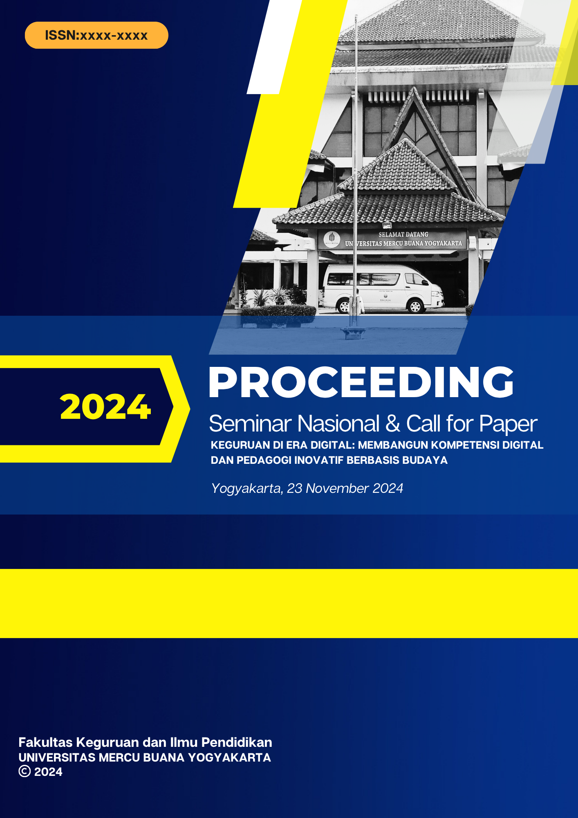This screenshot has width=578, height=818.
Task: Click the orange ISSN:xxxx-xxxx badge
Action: [96, 35]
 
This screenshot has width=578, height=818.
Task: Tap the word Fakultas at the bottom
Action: [45, 742]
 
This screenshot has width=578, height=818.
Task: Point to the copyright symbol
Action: [25, 771]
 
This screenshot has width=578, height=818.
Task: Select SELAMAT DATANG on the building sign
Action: [403, 234]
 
